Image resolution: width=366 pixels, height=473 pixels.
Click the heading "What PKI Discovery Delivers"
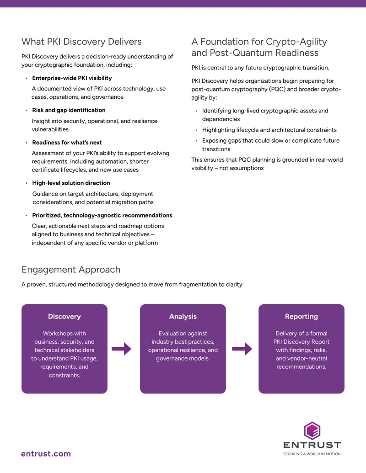pos(81,42)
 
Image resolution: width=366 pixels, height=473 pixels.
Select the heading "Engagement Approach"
pos(71,270)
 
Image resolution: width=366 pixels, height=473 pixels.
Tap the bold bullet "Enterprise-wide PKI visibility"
pos(72,78)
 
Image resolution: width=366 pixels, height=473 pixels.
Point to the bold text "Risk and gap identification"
pos(69,110)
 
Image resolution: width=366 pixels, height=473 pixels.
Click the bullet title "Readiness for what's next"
pos(67,143)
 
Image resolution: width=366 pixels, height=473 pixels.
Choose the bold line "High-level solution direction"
pos(71,183)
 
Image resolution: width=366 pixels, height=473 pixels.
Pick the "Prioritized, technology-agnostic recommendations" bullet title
pos(102,215)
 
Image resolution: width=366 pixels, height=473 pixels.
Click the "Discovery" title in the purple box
pos(65,316)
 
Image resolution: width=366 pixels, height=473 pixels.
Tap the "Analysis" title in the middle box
pos(183,316)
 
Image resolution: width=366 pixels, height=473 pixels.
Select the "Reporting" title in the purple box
pos(301,316)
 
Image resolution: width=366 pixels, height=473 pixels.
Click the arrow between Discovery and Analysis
pos(121,349)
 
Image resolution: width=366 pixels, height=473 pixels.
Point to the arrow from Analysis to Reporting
pos(242,349)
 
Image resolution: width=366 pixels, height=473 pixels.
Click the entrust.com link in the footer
pos(46,454)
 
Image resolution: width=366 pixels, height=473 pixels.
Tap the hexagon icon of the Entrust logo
pos(312,431)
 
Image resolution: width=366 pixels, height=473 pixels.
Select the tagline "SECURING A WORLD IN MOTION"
pos(312,454)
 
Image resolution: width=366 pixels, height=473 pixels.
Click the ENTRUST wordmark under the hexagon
pos(312,445)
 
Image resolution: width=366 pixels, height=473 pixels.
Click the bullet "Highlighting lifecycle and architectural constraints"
pos(269,130)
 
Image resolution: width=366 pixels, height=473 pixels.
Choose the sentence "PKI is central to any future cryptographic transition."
pos(260,68)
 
